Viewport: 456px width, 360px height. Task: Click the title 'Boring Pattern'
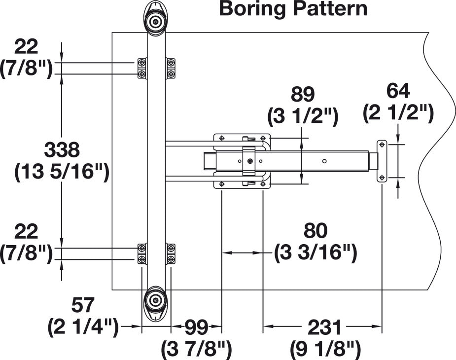click(x=293, y=9)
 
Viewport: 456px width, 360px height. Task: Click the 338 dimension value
click(x=62, y=150)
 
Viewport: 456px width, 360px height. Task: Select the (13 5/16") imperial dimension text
click(x=62, y=172)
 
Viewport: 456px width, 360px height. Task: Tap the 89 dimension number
click(x=303, y=94)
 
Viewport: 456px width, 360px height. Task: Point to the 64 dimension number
click(x=398, y=91)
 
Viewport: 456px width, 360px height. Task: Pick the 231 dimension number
click(x=324, y=327)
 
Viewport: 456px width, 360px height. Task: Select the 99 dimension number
click(x=197, y=327)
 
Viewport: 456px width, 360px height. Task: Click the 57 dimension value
click(x=83, y=305)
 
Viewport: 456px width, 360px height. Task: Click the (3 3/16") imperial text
click(x=316, y=252)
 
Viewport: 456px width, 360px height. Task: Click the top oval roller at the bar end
click(x=156, y=19)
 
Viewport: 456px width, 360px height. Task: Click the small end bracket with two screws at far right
click(x=382, y=161)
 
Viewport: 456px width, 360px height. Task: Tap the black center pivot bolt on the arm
click(x=250, y=161)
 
